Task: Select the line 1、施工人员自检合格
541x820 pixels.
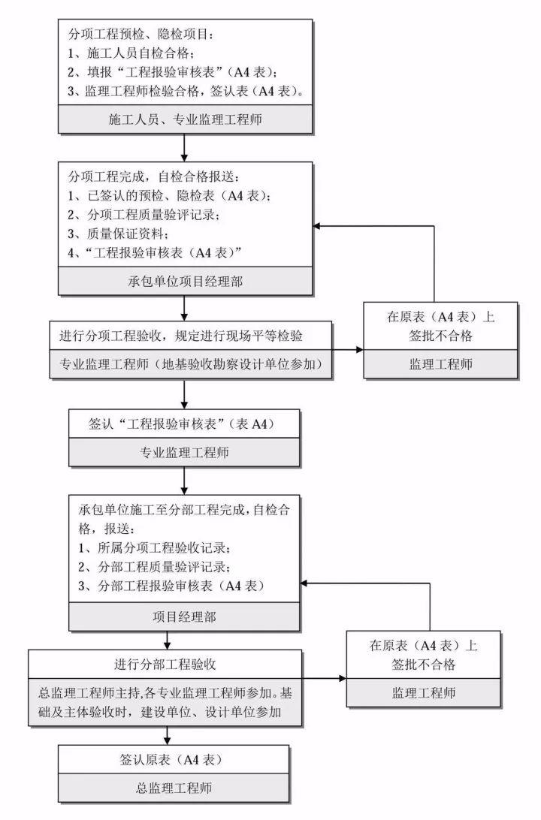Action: pos(131,54)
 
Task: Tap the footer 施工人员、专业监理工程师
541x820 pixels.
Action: pos(185,119)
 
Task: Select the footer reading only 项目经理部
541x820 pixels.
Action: pos(185,617)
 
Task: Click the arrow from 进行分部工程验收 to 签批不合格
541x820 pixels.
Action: pos(323,678)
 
